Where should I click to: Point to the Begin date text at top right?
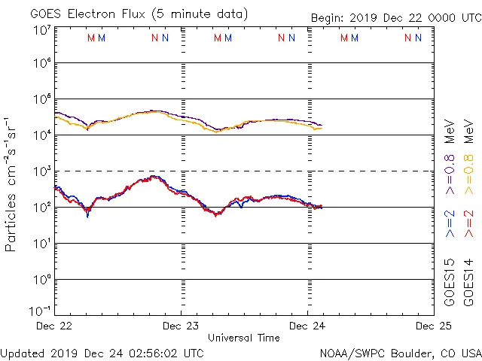point(395,19)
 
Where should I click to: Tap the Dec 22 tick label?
point(54,326)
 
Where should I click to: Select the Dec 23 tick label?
point(181,326)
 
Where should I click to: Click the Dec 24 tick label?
point(307,326)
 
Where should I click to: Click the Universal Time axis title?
point(244,338)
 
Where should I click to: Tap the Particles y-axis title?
point(12,184)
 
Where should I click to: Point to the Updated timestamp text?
point(102,352)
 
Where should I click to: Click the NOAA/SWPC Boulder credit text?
point(400,352)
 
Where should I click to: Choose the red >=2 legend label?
point(468,223)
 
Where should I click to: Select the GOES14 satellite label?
point(468,281)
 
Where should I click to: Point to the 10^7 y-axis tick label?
point(41,29)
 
